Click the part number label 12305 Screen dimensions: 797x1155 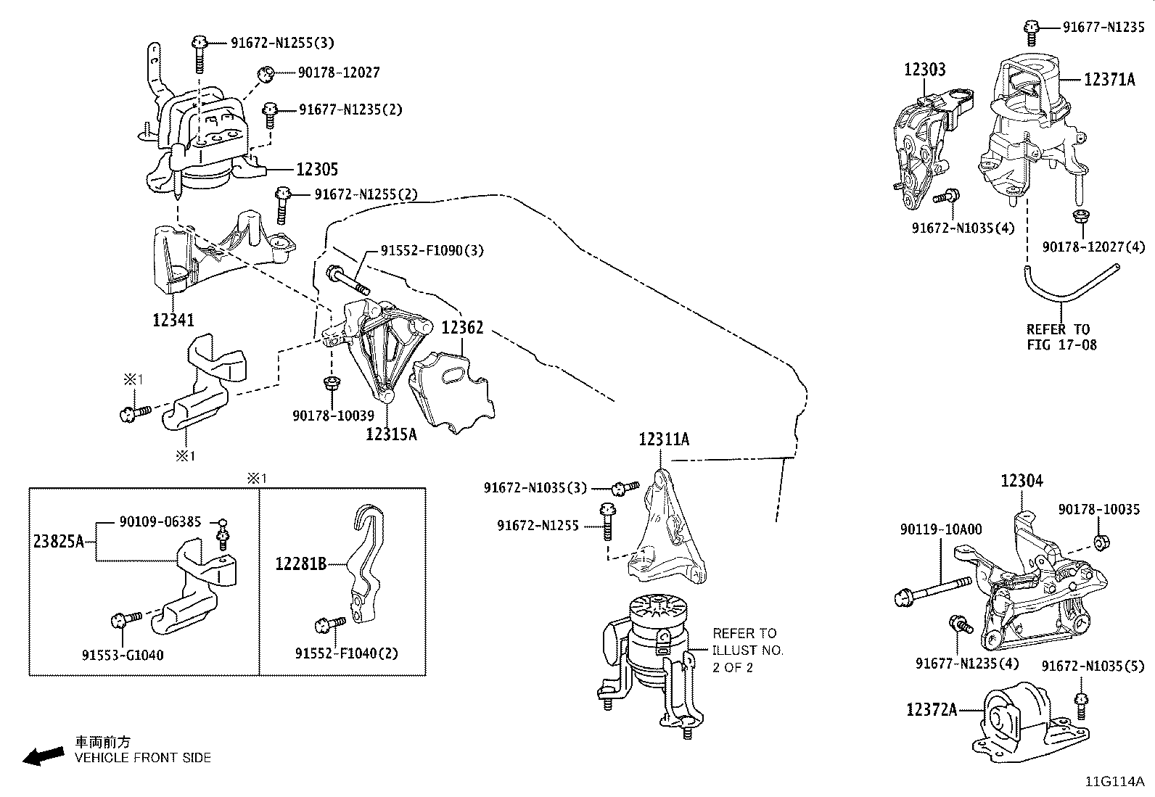(x=317, y=169)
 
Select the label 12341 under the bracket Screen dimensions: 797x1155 (x=173, y=319)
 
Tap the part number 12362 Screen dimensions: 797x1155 (x=462, y=328)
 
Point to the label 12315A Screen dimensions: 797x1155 (x=391, y=434)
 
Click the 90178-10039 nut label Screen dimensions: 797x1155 (x=333, y=416)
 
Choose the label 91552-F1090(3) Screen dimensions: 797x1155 (x=432, y=251)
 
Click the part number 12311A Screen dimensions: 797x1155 (x=664, y=439)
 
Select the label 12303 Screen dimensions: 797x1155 (x=924, y=70)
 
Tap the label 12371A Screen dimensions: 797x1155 (x=1109, y=80)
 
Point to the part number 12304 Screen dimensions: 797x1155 (x=1022, y=481)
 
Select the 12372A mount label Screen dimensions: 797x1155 (x=931, y=709)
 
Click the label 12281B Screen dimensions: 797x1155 (x=301, y=563)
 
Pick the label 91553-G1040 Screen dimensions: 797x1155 (x=123, y=655)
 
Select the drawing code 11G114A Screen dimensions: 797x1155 (x=1114, y=782)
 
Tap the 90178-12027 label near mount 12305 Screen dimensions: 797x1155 (x=339, y=73)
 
